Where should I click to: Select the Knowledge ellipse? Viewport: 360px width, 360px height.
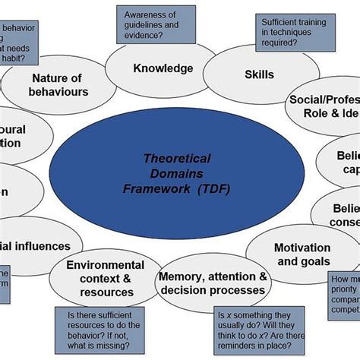(x=163, y=69)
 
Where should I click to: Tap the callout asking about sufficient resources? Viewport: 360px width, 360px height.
(x=114, y=328)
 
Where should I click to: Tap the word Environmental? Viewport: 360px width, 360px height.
(x=105, y=264)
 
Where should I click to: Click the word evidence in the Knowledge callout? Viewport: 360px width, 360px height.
(x=163, y=36)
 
